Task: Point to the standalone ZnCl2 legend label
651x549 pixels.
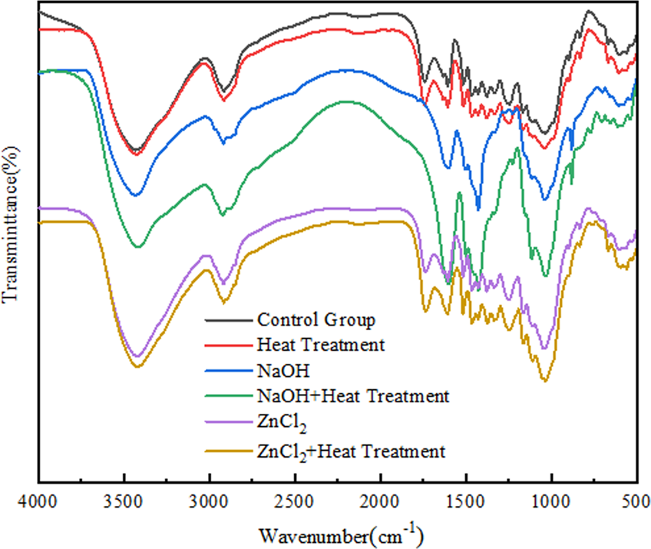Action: [279, 424]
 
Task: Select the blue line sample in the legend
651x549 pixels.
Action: [228, 372]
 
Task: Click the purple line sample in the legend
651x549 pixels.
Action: [228, 424]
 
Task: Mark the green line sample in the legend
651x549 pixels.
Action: [228, 398]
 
